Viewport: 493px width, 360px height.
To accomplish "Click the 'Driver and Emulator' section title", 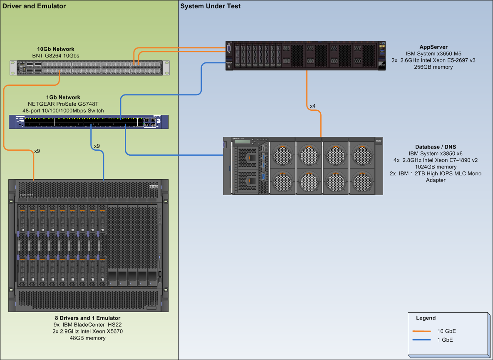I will [34, 6].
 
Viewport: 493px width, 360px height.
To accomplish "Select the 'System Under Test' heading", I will [211, 6].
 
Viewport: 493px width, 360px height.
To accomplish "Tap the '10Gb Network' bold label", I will [56, 49].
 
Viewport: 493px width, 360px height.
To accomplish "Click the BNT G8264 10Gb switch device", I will [90, 68].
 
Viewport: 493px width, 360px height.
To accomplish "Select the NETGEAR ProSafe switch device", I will [89, 122].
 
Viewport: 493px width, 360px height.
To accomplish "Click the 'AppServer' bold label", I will [434, 47].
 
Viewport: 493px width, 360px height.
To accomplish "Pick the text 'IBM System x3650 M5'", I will [434, 54].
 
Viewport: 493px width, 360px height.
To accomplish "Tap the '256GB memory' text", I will [434, 67].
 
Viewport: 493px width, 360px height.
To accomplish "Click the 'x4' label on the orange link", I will [313, 106].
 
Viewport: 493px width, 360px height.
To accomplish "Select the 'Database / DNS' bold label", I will [436, 147].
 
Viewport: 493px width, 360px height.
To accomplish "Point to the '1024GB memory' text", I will [436, 167].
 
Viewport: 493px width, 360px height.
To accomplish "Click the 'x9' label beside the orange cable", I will [37, 151].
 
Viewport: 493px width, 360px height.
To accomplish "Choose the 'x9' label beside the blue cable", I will [97, 146].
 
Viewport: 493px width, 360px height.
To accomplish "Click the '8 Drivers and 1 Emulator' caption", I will [87, 318].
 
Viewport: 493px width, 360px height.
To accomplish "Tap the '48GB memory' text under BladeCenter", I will [87, 338].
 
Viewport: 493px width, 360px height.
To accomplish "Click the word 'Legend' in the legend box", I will [426, 318].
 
